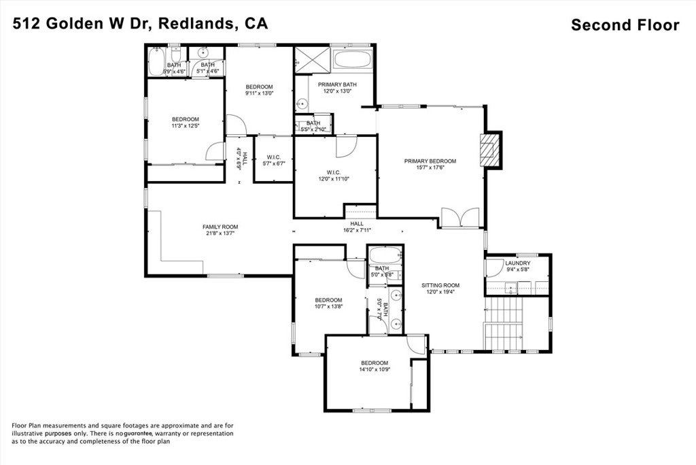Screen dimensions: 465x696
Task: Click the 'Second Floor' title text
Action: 625,25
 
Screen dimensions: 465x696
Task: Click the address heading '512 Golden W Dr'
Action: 84,24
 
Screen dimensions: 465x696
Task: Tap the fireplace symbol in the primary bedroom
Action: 489,149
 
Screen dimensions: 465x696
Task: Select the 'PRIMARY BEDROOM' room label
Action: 430,161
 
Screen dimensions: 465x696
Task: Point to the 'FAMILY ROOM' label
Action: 220,227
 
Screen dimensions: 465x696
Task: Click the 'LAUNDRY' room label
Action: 517,263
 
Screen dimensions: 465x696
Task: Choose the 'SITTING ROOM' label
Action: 440,285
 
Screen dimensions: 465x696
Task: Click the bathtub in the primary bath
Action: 352,59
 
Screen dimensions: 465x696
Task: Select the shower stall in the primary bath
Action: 311,59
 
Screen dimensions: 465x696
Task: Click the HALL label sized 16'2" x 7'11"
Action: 357,223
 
